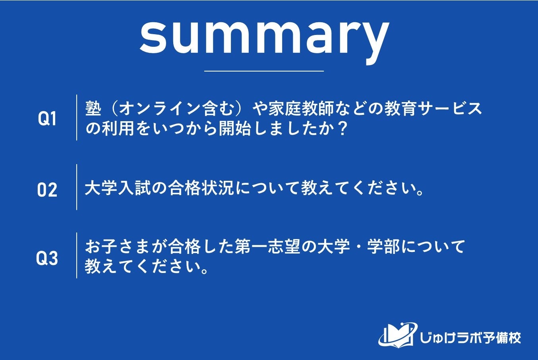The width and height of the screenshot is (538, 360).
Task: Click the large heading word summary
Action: [x=264, y=36]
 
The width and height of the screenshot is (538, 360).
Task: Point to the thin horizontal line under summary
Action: [x=264, y=71]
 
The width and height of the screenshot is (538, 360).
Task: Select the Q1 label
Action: [x=47, y=119]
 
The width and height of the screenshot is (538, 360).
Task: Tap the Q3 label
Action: [x=47, y=258]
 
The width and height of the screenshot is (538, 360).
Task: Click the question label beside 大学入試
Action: [x=47, y=190]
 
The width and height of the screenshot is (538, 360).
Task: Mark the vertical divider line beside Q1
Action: [x=77, y=118]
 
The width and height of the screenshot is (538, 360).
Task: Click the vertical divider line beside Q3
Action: [x=77, y=255]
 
